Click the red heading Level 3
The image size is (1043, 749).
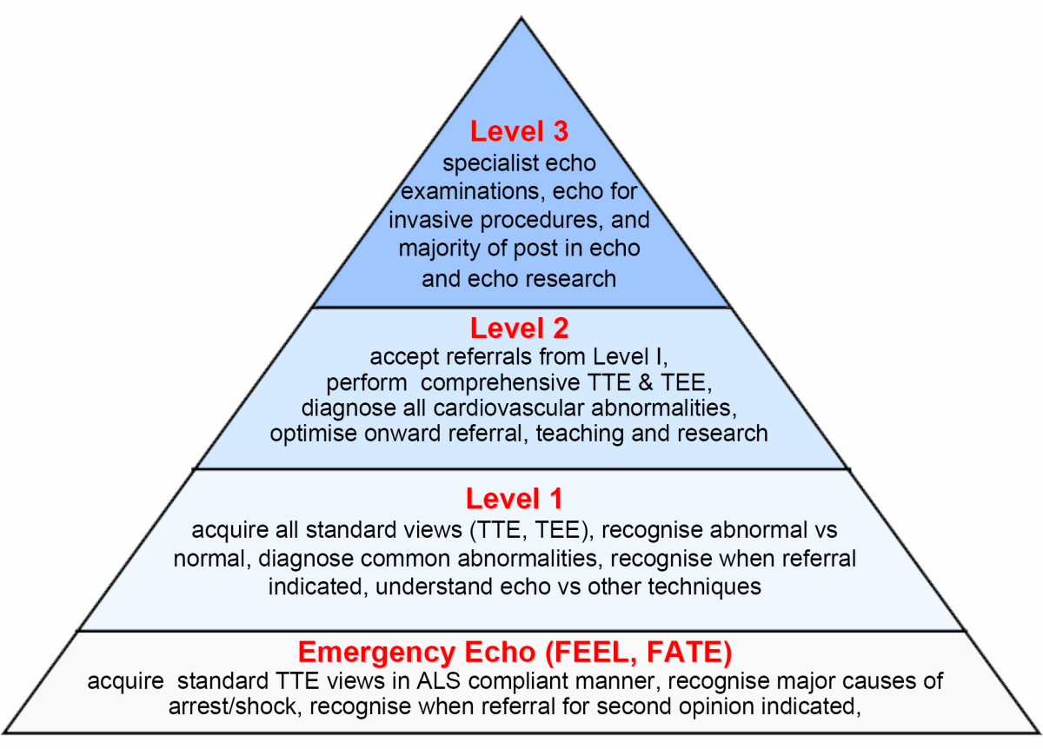(519, 132)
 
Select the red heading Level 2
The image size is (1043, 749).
(519, 329)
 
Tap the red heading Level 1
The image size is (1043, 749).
(515, 499)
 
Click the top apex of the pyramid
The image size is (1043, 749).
(521, 17)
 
